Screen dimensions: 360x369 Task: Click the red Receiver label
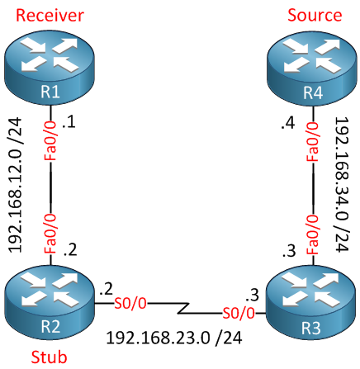point(50,15)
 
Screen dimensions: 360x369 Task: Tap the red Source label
point(315,15)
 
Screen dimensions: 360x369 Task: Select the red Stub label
point(49,357)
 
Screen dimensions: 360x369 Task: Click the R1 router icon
point(50,68)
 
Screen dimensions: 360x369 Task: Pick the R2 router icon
point(50,303)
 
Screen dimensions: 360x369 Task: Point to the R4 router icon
point(312,68)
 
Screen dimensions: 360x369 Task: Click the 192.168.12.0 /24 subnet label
point(15,185)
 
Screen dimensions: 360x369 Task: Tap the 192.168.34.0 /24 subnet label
point(342,184)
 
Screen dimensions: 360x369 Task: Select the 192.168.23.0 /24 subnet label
point(174,338)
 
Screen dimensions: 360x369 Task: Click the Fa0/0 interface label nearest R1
point(50,141)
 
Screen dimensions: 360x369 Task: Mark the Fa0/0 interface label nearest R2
point(50,234)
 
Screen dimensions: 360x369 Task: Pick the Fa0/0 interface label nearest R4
point(313,141)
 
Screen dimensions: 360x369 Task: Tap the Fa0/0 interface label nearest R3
point(313,234)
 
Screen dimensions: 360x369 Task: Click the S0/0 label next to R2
point(130,304)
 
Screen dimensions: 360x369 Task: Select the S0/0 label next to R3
point(239,313)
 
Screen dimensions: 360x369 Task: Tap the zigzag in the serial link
point(183,308)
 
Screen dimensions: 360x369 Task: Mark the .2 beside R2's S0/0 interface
point(107,289)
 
